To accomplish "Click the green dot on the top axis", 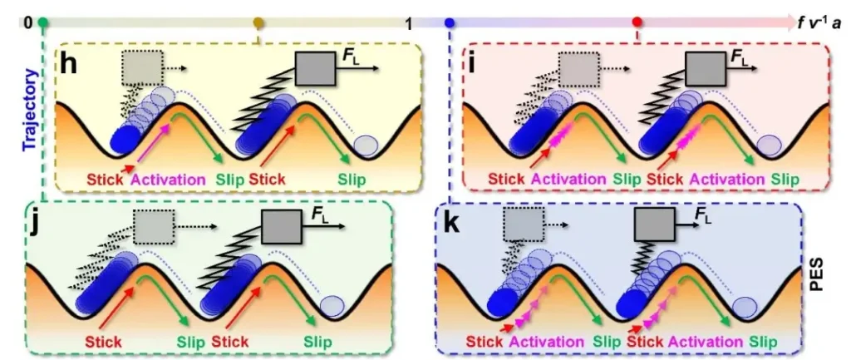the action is (44, 22).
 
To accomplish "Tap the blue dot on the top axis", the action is (450, 22).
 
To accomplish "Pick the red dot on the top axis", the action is (637, 22).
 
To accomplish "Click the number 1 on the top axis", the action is (410, 23).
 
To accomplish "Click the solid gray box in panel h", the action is (315, 68).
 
